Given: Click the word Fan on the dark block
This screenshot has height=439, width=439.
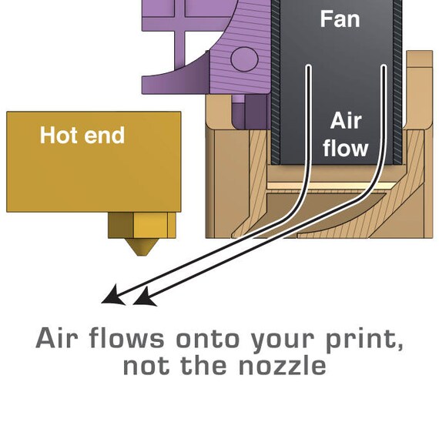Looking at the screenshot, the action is click(340, 19).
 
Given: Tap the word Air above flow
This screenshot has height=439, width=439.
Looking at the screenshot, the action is click(346, 121).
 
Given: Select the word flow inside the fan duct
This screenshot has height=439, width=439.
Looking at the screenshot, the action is click(345, 148).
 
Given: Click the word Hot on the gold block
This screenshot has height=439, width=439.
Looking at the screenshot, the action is click(58, 136).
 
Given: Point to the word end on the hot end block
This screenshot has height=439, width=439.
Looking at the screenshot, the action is click(104, 136).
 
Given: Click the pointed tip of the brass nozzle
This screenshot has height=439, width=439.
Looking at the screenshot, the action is click(142, 255).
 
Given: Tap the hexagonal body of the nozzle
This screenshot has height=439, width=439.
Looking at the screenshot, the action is click(142, 225).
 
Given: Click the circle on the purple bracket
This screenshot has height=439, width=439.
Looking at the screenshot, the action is click(244, 59).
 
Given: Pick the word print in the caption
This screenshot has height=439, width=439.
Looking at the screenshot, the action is click(364, 339).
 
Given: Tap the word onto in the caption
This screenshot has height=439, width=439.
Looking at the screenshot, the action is click(208, 339).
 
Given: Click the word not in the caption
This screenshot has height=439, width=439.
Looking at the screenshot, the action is click(146, 366).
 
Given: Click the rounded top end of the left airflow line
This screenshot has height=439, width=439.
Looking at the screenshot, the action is click(309, 67).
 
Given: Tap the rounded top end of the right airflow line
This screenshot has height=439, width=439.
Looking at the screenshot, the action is click(384, 67).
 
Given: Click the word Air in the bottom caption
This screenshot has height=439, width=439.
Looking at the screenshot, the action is click(57, 337).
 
